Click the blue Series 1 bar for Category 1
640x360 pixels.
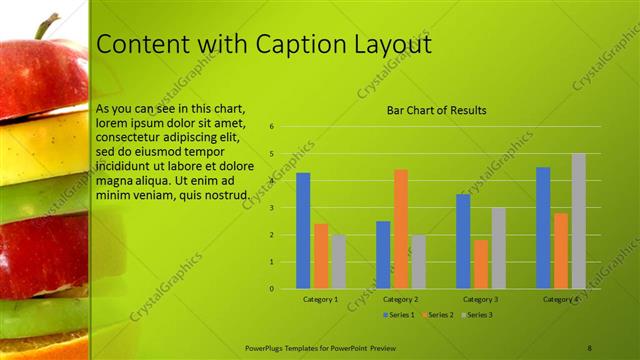click(x=303, y=231)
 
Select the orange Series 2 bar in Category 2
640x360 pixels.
click(x=401, y=229)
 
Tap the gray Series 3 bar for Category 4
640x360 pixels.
click(x=579, y=221)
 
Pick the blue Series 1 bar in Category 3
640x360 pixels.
click(x=463, y=241)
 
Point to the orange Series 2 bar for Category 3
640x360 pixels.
click(x=481, y=264)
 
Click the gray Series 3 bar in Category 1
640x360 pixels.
click(x=339, y=262)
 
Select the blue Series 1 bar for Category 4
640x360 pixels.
click(x=543, y=228)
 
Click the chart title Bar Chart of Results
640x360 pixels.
click(x=437, y=110)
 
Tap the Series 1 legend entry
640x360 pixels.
click(x=399, y=314)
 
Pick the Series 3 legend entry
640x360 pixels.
click(x=477, y=314)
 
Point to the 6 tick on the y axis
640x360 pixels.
click(x=272, y=127)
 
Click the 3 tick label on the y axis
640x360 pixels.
click(x=272, y=208)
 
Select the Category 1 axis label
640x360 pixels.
click(x=320, y=299)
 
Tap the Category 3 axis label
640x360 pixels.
click(x=481, y=299)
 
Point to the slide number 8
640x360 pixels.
click(x=589, y=347)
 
